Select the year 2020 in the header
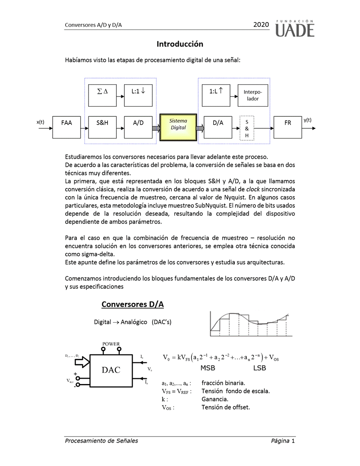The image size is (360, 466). (261, 25)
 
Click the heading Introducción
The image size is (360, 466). (180, 44)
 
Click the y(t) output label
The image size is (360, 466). (308, 120)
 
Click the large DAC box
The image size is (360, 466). (111, 370)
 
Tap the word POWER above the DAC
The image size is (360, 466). (111, 344)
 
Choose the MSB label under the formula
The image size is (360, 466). (208, 368)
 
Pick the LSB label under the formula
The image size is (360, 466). (260, 368)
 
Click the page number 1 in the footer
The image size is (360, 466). (293, 441)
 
